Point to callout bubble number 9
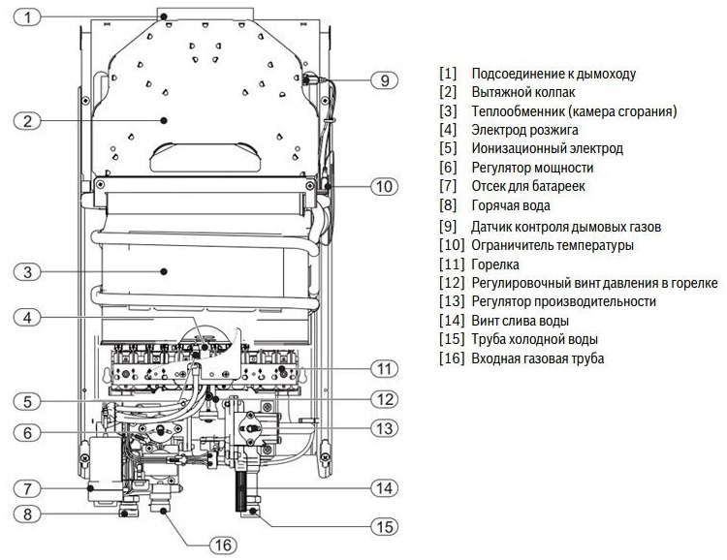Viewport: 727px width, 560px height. point(385,80)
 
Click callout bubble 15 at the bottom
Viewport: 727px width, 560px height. point(385,526)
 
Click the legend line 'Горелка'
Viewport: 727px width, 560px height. point(495,264)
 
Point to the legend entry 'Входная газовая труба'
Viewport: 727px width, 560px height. point(537,358)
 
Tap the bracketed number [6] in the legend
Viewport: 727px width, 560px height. point(447,168)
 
